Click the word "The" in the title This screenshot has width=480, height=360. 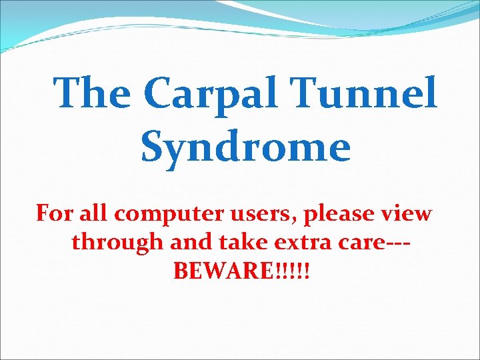point(92,93)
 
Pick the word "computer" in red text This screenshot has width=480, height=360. point(164,215)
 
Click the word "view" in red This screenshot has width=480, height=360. point(408,214)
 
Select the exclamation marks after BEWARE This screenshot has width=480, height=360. point(292,271)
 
